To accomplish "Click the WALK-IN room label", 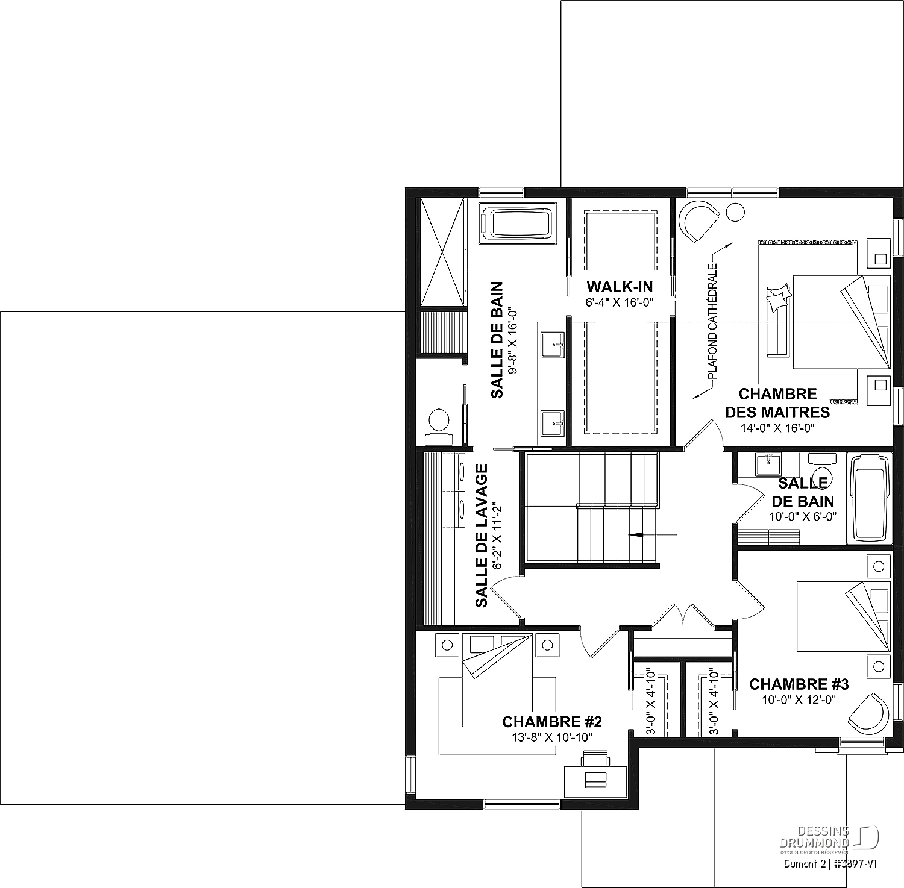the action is click(620, 286).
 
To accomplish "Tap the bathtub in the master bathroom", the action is click(518, 224).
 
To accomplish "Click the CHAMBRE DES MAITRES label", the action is click(777, 403).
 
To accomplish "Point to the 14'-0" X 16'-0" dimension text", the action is click(777, 428).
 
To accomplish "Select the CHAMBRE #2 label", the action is click(552, 722).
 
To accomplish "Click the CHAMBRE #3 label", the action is click(799, 684).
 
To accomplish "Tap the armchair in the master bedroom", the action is click(698, 220).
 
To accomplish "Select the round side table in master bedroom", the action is click(735, 213).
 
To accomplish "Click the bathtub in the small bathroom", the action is click(868, 498).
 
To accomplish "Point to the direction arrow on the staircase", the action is click(653, 534).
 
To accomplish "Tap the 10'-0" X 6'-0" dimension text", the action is click(803, 517).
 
